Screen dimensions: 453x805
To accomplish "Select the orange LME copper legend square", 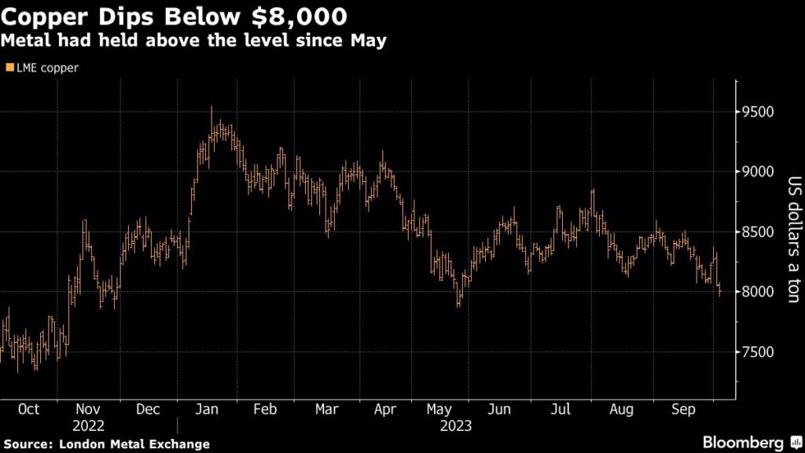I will tap(9, 68).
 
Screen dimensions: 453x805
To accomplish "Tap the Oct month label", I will tap(28, 410).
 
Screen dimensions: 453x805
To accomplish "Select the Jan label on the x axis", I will tap(205, 410).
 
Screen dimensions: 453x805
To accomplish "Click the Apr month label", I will tap(384, 410).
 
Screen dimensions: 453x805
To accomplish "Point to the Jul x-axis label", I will tap(561, 410).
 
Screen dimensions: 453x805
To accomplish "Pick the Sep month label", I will tap(682, 410).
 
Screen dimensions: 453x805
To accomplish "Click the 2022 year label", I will tap(87, 426).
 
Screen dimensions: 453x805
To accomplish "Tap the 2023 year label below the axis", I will tap(455, 426).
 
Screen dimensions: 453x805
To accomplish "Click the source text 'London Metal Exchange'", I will tap(134, 444).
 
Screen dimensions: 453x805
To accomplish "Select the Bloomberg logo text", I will tap(744, 442).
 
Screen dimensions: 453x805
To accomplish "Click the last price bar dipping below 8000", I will tap(720, 292).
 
